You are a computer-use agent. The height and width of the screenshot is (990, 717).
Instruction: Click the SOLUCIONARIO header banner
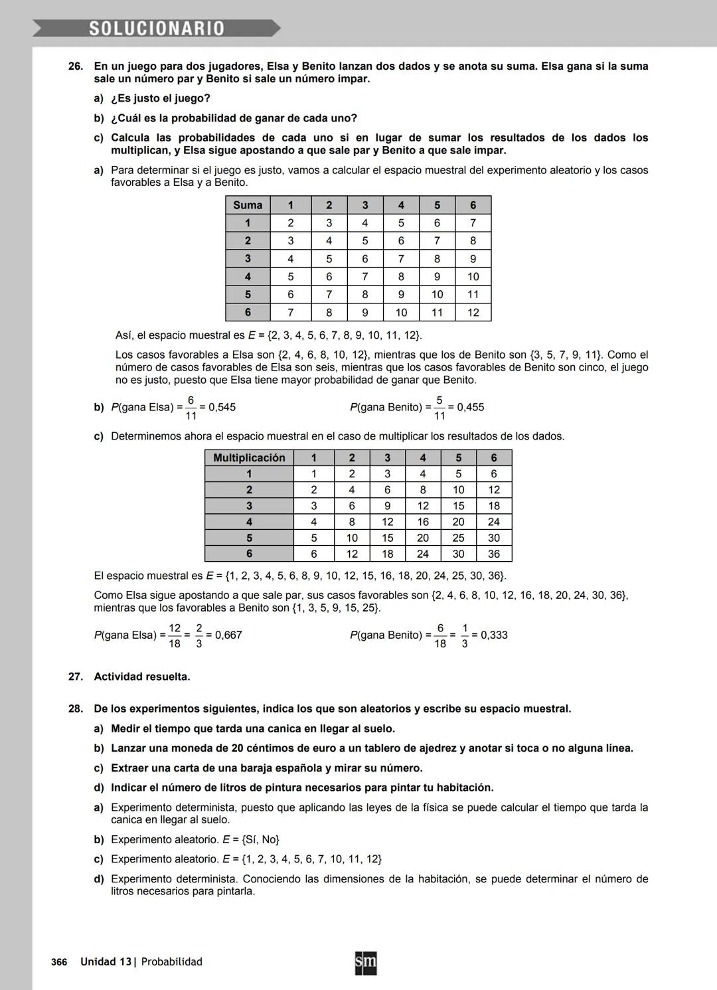[157, 29]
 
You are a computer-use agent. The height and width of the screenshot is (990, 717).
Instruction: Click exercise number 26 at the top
[76, 66]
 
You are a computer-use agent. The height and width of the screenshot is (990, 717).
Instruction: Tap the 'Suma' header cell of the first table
[248, 205]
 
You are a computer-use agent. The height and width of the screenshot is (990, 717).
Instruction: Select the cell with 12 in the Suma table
[473, 313]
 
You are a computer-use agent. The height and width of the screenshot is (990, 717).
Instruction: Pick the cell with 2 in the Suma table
[290, 223]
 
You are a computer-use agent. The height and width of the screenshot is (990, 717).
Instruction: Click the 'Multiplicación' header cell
[249, 457]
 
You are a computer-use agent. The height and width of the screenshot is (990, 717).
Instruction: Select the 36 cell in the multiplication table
[493, 554]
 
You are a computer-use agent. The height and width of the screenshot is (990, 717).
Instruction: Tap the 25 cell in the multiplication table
[458, 538]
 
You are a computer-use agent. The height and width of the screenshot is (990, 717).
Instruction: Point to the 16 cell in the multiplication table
[423, 522]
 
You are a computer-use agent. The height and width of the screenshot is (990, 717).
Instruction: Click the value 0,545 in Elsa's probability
[222, 407]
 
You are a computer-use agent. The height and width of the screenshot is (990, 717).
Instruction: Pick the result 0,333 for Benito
[494, 635]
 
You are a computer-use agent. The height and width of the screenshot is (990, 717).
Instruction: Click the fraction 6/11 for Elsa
[191, 407]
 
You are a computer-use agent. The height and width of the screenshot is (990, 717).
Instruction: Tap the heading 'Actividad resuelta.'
[142, 677]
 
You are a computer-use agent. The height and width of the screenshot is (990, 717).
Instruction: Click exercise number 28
[76, 709]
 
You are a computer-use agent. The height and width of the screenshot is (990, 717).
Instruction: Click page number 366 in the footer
[59, 962]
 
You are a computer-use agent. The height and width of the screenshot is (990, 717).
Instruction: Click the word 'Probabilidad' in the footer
[171, 962]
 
